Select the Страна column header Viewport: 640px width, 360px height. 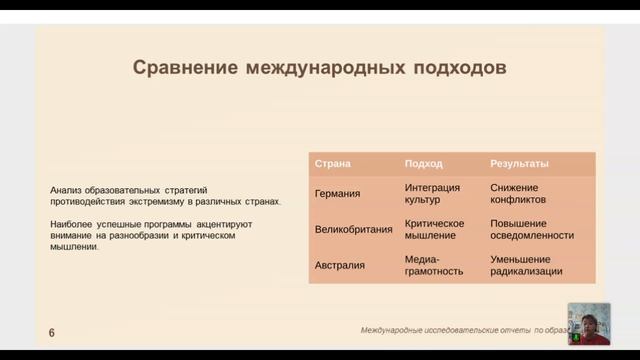[x=333, y=163]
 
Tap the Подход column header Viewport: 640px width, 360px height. [x=423, y=163]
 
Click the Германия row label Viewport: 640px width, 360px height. [x=338, y=194]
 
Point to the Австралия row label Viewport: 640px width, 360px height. [x=340, y=265]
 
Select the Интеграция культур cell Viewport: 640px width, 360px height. [x=433, y=194]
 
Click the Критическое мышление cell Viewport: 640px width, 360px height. [x=435, y=229]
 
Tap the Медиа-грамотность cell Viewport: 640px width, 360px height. [x=431, y=264]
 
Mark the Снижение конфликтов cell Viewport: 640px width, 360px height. [x=518, y=194]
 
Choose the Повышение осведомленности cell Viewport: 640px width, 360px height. [x=532, y=229]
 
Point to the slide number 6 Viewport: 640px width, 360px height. [x=51, y=332]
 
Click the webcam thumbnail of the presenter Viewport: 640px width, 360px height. [x=588, y=324]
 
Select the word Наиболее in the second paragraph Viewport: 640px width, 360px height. [x=73, y=224]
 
